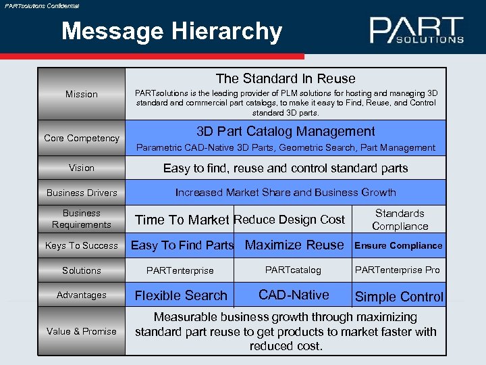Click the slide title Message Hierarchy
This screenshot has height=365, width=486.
pyautogui.click(x=171, y=31)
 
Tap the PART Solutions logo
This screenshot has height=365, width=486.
pyautogui.click(x=416, y=30)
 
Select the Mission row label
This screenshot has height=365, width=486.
pyautogui.click(x=82, y=94)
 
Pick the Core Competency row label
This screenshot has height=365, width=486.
pyautogui.click(x=82, y=138)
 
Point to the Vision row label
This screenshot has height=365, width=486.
pyautogui.click(x=82, y=168)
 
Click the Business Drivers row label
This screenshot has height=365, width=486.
pyautogui.click(x=82, y=193)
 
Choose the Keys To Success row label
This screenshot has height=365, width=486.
pyautogui.click(x=82, y=245)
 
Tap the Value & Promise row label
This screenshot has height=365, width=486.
pyautogui.click(x=82, y=331)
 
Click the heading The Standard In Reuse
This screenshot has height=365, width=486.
pyautogui.click(x=286, y=79)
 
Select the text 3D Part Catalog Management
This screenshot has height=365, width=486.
pyautogui.click(x=286, y=131)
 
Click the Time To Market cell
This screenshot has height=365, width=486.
pyautogui.click(x=182, y=220)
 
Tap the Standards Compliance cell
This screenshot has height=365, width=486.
pyautogui.click(x=400, y=220)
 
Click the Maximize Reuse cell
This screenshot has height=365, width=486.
pyautogui.click(x=294, y=245)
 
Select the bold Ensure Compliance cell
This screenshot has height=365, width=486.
pyautogui.click(x=398, y=245)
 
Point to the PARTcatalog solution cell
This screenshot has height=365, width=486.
pyautogui.click(x=293, y=270)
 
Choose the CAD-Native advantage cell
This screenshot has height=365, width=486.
pyautogui.click(x=294, y=295)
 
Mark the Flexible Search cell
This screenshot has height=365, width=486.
pyautogui.click(x=181, y=295)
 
